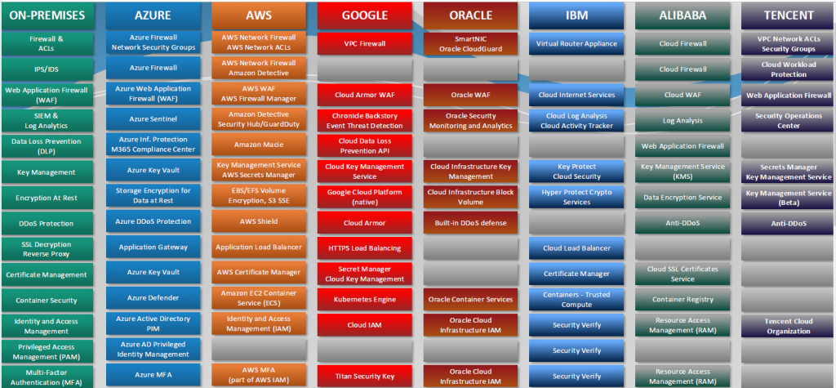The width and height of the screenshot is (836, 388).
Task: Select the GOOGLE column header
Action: (366, 15)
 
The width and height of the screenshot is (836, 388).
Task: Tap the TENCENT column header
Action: (789, 15)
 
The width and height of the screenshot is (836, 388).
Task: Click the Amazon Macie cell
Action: (260, 145)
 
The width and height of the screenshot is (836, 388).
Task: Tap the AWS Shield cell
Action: (260, 221)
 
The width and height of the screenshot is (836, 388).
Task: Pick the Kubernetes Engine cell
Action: (366, 299)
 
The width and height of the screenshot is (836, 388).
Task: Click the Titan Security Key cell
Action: (366, 377)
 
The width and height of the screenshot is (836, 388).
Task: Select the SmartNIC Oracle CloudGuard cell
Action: (471, 43)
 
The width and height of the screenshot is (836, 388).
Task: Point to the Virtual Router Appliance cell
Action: (577, 43)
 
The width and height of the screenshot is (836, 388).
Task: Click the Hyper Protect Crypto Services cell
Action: (577, 197)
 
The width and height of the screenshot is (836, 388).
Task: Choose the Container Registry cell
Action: (683, 299)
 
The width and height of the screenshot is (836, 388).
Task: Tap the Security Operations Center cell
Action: (789, 121)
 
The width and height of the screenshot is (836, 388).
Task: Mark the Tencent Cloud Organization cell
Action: (789, 326)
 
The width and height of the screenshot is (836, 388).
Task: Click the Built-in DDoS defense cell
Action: (471, 222)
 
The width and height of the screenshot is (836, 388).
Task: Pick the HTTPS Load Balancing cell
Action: (366, 248)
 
